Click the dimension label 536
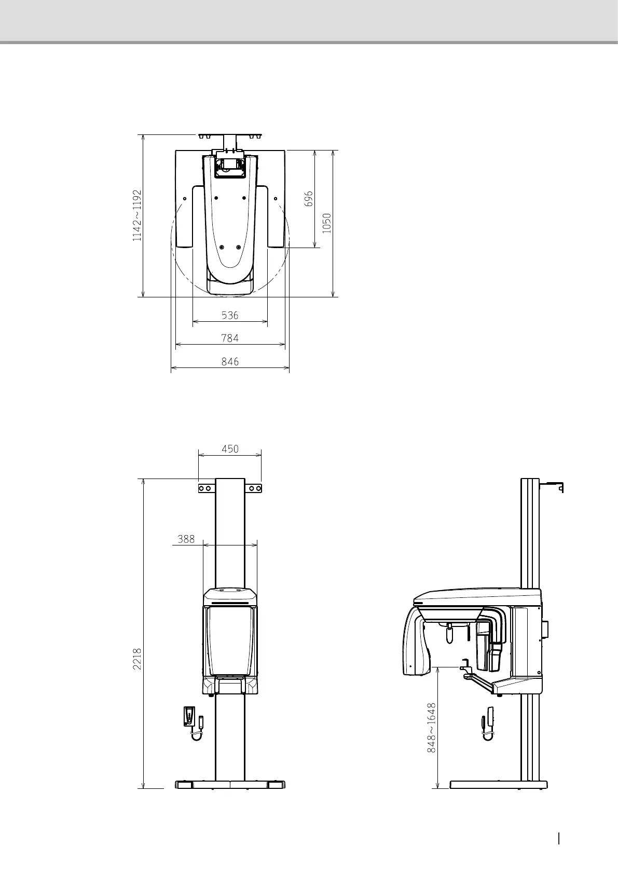[x=230, y=315]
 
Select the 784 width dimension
[x=230, y=338]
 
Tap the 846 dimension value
[x=230, y=362]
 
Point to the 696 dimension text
[x=309, y=199]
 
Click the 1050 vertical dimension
[x=327, y=223]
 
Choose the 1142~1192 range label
[x=137, y=215]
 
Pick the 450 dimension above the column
[x=230, y=449]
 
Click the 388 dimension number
[x=186, y=539]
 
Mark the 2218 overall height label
[x=137, y=659]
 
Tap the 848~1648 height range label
[x=432, y=728]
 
